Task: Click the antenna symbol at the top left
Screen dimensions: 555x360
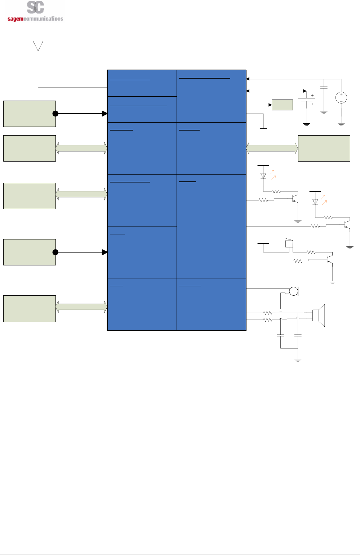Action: [38, 46]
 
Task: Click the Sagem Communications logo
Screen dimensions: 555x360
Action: [35, 12]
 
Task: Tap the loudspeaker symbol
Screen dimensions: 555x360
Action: [319, 315]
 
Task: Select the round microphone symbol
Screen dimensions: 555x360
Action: [294, 291]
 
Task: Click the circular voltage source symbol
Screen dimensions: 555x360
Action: [341, 98]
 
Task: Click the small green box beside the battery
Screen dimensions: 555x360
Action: [282, 105]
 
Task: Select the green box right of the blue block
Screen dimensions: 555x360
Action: [324, 148]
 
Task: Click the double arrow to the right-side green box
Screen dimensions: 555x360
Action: [272, 148]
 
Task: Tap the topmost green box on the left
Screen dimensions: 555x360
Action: [30, 114]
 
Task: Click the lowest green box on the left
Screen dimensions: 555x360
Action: [30, 308]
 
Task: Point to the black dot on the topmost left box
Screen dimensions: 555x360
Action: [55, 114]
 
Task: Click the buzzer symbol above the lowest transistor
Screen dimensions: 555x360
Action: [289, 243]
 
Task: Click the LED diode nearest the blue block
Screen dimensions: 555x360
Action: [263, 176]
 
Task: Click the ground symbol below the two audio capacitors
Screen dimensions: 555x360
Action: [298, 359]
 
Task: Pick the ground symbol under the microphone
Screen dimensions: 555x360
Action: [280, 309]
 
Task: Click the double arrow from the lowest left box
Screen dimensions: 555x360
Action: [81, 307]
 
